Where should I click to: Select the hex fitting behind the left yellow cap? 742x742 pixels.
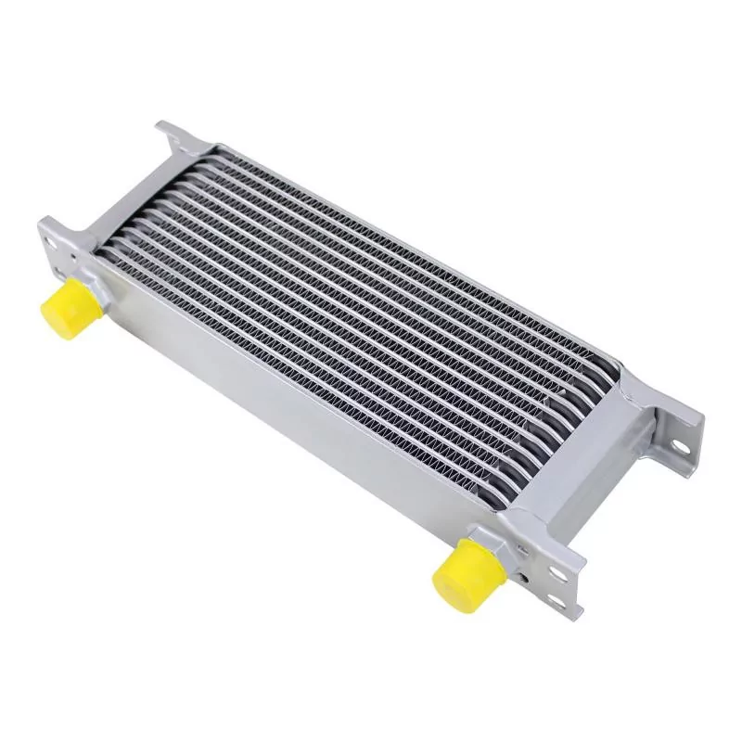pyautogui.click(x=93, y=287)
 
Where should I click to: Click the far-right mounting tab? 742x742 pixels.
pyautogui.click(x=672, y=436)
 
